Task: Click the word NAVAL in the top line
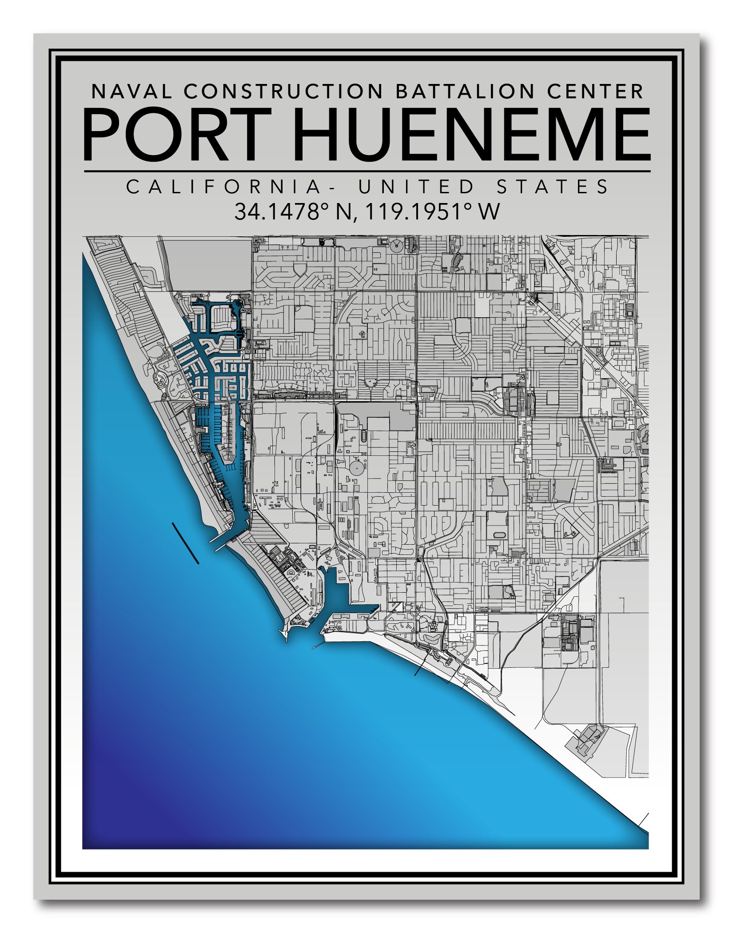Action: point(131,92)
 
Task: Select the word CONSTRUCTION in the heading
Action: point(283,92)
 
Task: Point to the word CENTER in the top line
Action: point(595,92)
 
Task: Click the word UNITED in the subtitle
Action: point(416,187)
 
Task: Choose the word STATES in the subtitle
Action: point(553,187)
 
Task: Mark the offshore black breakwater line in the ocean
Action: point(185,543)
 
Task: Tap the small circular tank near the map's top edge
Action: point(396,245)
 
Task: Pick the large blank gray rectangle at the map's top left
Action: point(209,265)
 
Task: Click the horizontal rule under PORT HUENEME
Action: point(367,171)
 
